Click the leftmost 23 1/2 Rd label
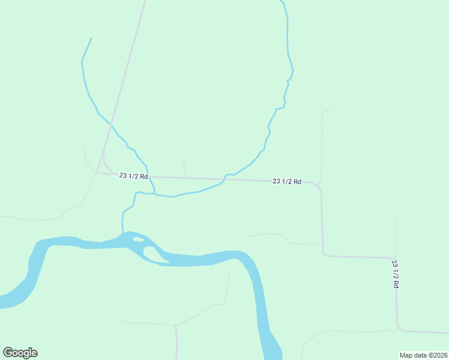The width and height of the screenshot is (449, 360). pyautogui.click(x=133, y=176)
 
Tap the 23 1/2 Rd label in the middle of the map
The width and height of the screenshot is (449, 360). pyautogui.click(x=286, y=181)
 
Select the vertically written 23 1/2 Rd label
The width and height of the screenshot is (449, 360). pyautogui.click(x=395, y=274)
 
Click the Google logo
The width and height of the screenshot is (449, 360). pyautogui.click(x=20, y=352)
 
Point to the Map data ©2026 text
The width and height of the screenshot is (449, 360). pyautogui.click(x=423, y=355)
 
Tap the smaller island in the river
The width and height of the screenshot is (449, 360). pyautogui.click(x=138, y=239)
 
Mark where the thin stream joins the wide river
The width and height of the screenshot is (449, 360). pyautogui.click(x=123, y=233)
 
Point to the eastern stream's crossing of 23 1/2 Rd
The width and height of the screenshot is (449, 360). pyautogui.click(x=225, y=178)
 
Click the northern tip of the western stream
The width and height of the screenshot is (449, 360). pyautogui.click(x=91, y=39)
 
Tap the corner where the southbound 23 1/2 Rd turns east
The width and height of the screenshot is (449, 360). pyautogui.click(x=325, y=255)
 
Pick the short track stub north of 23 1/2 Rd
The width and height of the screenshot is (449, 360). pyautogui.click(x=184, y=167)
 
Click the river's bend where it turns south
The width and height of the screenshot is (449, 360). pyautogui.click(x=249, y=259)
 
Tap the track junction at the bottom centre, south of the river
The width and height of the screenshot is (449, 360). pyautogui.click(x=175, y=325)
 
